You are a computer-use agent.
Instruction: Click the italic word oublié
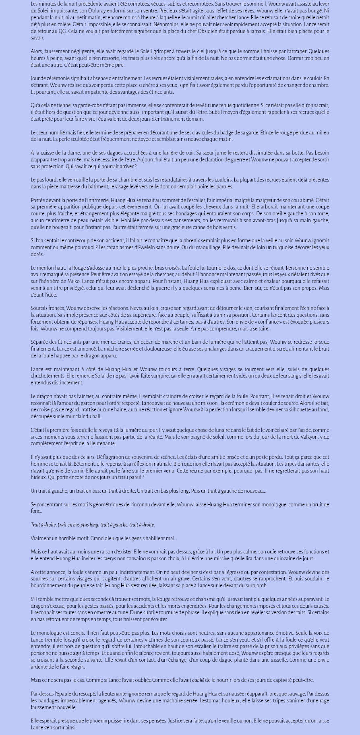[x=198, y=680]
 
